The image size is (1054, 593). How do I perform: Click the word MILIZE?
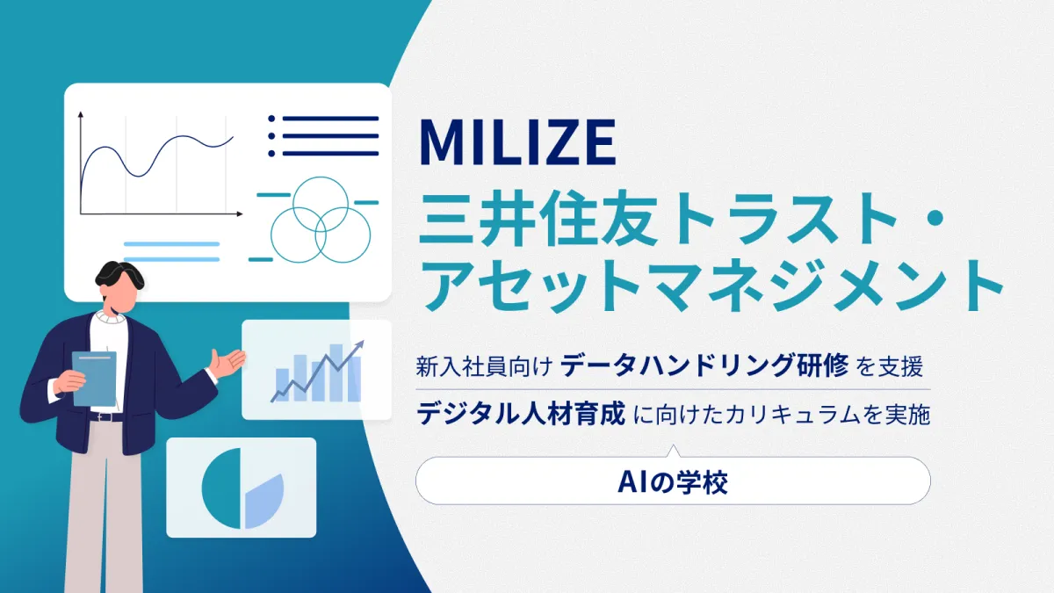pos(517,141)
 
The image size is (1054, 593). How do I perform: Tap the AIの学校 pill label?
pos(673,482)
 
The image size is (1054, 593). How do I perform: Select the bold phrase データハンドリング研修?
pos(704,365)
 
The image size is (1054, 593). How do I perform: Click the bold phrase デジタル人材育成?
pos(521,413)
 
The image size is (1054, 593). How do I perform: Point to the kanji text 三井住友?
pos(538,219)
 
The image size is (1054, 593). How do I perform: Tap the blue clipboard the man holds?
pos(95,379)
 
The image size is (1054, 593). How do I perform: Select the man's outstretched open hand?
pos(227,363)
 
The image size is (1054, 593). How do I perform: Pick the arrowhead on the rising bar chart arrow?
pos(359,346)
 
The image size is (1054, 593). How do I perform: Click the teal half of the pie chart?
pos(221,488)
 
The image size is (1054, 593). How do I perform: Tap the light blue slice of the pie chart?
pos(264,502)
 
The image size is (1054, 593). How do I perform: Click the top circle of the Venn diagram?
pos(321,177)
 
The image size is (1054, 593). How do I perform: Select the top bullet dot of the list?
pos(271,119)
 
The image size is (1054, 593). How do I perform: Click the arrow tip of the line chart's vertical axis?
pos(81,113)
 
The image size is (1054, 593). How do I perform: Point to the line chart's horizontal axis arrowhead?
pos(240,213)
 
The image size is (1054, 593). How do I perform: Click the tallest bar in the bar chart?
pos(336,372)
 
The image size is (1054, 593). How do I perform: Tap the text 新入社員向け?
pos(484,366)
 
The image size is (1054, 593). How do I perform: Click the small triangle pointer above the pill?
pos(674,451)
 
